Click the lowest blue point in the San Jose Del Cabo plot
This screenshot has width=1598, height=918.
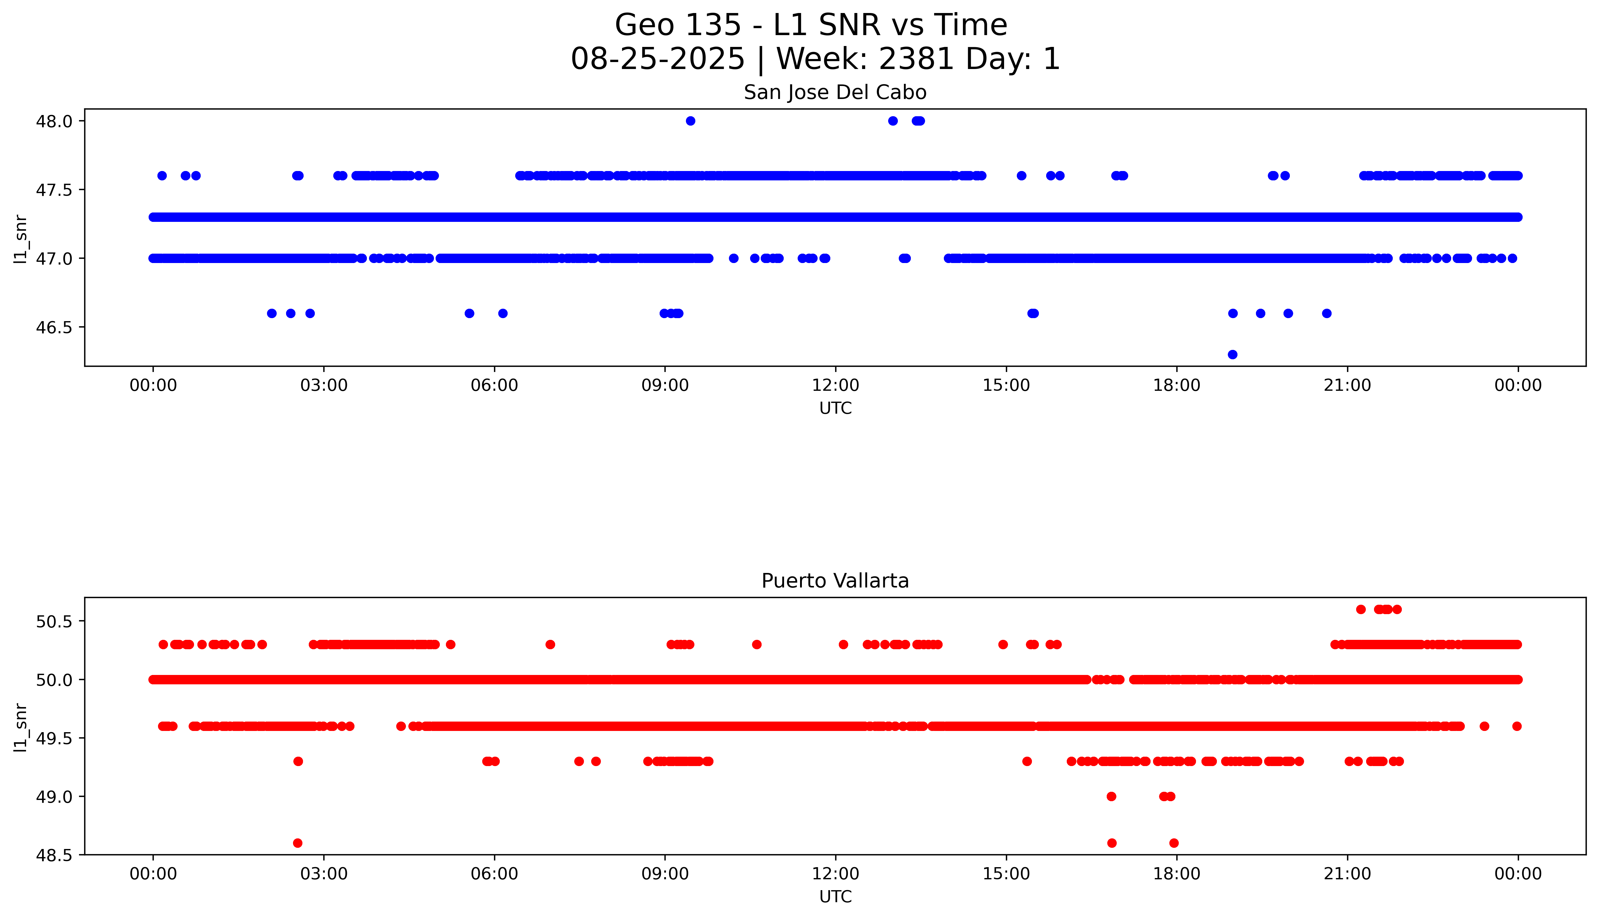point(1232,354)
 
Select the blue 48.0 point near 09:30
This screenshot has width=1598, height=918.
point(690,121)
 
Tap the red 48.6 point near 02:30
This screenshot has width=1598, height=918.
point(298,843)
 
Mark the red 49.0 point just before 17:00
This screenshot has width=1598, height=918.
point(1111,796)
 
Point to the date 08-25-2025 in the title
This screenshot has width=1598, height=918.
point(657,59)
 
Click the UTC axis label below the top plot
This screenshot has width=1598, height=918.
point(835,409)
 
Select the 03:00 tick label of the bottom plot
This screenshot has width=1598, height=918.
point(324,874)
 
